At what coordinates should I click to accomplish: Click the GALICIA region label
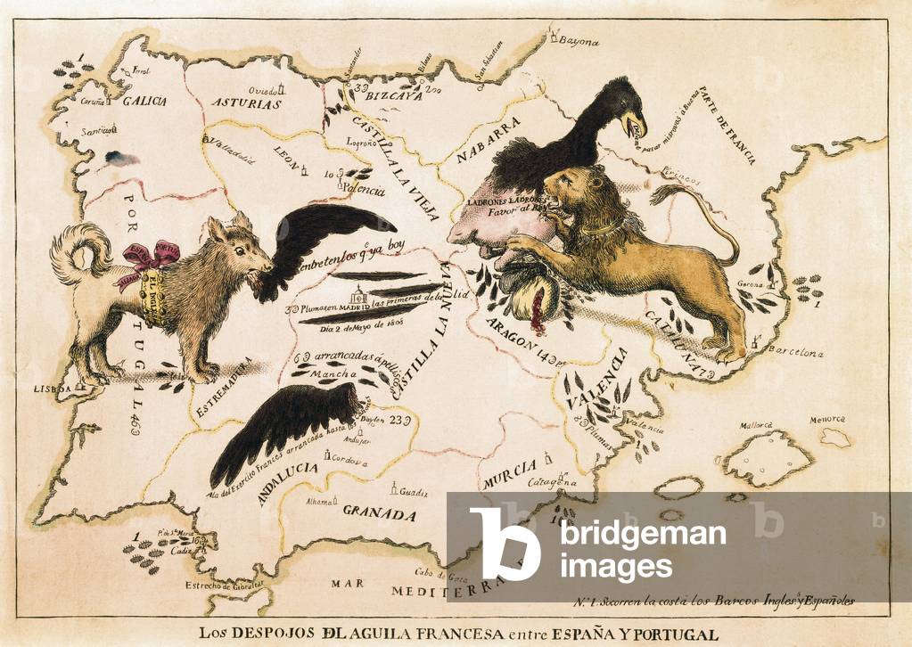tap(144, 101)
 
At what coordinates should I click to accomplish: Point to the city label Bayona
tap(580, 41)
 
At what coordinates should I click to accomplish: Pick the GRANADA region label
tap(380, 514)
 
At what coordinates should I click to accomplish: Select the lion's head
tap(571, 196)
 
